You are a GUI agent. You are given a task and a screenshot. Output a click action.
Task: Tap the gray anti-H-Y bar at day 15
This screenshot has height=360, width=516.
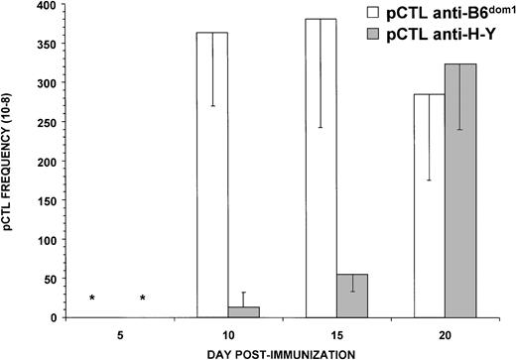point(352,296)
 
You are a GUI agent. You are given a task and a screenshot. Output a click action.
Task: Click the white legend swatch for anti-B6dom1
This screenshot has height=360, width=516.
point(375,15)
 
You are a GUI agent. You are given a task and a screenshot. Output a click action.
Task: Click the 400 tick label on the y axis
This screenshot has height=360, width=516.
point(42,6)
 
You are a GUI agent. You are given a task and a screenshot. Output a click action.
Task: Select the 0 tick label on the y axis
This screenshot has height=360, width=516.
point(49,317)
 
